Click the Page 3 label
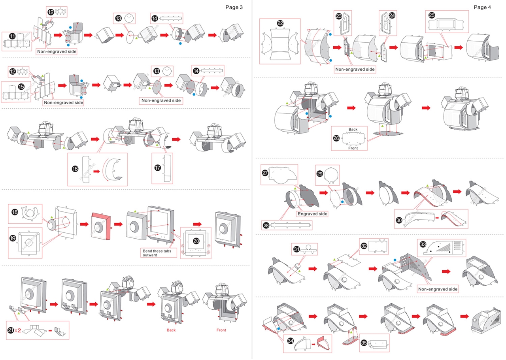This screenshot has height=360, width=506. coord(234,7)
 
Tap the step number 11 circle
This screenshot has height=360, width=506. coord(13,36)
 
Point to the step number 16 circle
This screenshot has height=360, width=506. coord(75,169)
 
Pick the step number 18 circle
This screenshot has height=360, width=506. coord(15,212)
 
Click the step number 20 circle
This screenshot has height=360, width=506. coord(196,240)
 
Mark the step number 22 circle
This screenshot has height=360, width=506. coord(280,23)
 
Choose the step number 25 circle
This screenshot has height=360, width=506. coord(432,15)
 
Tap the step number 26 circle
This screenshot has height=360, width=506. coord(336,138)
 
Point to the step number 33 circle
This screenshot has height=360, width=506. coord(423,245)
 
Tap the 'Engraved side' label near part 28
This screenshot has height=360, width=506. coord(312,214)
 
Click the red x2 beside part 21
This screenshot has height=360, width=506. coord(18,330)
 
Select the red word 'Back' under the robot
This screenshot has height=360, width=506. coord(171,330)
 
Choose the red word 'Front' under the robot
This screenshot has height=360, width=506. coord(221,330)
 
